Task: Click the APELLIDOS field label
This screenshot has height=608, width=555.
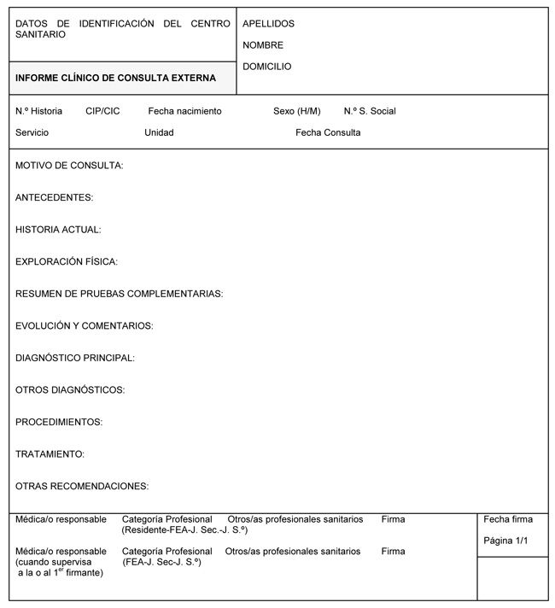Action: pos(268,24)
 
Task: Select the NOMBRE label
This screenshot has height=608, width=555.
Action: pos(263,45)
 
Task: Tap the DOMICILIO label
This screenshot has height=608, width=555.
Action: pos(267,67)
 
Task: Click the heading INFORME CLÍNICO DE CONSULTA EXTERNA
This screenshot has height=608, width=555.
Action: pos(115,78)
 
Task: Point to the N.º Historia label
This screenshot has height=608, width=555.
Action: pos(38,111)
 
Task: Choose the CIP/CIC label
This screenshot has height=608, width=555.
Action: pos(102,111)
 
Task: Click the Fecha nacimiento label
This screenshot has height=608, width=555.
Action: pos(184,111)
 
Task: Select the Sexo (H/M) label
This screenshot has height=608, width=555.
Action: pos(297,111)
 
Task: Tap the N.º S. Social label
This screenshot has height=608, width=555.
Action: pos(370,111)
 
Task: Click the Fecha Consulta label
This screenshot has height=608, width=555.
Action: pos(328,132)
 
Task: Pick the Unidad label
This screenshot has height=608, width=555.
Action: pos(159,132)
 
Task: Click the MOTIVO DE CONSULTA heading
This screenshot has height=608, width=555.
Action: pos(69,166)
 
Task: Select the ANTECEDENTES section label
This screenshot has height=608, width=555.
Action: pos(54,197)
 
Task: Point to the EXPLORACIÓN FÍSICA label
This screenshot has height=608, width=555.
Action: pos(67,261)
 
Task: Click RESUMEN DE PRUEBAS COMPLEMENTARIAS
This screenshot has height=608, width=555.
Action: pos(119,294)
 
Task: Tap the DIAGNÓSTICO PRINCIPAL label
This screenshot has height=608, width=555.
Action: pos(75,358)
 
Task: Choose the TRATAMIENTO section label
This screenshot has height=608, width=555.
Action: pos(50,454)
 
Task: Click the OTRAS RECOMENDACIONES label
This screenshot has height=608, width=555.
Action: pos(82,486)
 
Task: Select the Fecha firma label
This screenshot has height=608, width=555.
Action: pos(508,519)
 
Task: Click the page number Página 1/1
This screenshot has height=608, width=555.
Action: pos(506,541)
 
